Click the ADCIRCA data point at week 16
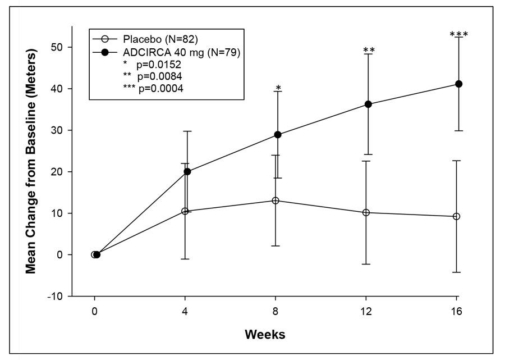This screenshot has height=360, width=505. (x=458, y=84)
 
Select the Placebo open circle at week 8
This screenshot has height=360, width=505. (x=276, y=200)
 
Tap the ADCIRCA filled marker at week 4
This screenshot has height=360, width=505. (x=187, y=171)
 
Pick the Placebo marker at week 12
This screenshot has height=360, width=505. (x=366, y=212)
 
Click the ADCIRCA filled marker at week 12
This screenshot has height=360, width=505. (x=368, y=104)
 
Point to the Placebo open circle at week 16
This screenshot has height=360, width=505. (x=457, y=216)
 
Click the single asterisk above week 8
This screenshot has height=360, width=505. (x=278, y=88)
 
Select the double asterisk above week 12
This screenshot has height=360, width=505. (x=369, y=51)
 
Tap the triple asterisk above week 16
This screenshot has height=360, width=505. (x=458, y=35)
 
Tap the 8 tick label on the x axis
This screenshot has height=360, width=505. (x=276, y=311)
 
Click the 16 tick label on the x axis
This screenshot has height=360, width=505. (x=458, y=311)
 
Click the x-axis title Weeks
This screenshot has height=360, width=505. (x=265, y=335)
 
